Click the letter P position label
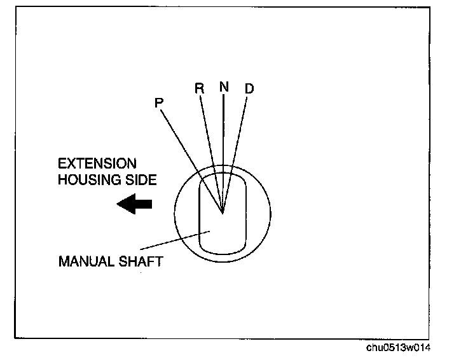pyautogui.click(x=159, y=102)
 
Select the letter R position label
pyautogui.click(x=199, y=88)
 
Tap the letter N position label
pyautogui.click(x=223, y=87)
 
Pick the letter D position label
pyautogui.click(x=249, y=88)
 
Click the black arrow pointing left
pyautogui.click(x=135, y=204)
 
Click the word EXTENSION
pyautogui.click(x=97, y=164)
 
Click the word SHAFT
pyautogui.click(x=139, y=261)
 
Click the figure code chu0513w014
pyautogui.click(x=401, y=347)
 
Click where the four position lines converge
pyautogui.click(x=223, y=212)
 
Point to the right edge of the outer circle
pyautogui.click(x=271, y=213)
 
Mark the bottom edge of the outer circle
pyautogui.click(x=223, y=261)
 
